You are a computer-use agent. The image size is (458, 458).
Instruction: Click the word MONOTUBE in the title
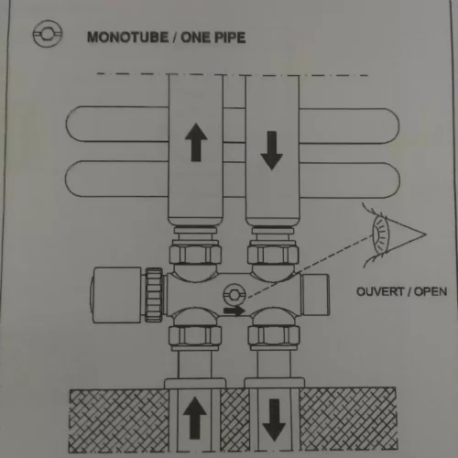[x=127, y=38]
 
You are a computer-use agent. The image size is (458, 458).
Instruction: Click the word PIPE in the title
[x=230, y=38]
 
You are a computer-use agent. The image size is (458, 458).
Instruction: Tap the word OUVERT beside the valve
[x=380, y=291]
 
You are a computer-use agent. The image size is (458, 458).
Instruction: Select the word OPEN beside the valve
[x=431, y=291]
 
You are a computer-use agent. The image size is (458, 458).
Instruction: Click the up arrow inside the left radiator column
[x=196, y=142]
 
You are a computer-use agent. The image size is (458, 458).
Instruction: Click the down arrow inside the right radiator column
[x=271, y=150]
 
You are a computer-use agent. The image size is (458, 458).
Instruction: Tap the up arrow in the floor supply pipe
[x=195, y=418]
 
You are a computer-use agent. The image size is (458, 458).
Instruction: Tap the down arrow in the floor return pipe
[x=274, y=420]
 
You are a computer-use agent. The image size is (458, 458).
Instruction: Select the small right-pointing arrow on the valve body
[x=234, y=311]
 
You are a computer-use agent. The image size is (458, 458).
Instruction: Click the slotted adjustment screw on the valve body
[x=234, y=295]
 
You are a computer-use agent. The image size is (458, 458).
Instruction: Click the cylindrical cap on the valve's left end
[x=116, y=295]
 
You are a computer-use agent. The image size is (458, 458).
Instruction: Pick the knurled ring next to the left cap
[x=154, y=295]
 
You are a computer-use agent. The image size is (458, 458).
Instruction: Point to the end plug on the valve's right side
[x=315, y=295]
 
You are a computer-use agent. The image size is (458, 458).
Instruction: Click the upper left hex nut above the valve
[x=195, y=253]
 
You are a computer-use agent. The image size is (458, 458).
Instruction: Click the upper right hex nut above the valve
[x=273, y=253]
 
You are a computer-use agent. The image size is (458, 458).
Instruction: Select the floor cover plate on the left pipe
[x=195, y=383]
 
